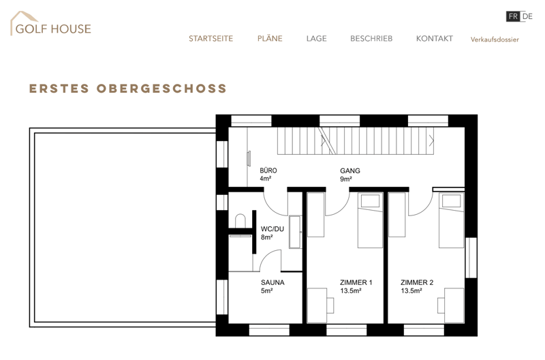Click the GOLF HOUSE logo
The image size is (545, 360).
(50, 24)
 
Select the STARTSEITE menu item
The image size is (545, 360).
(211, 39)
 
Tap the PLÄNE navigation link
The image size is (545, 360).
(270, 38)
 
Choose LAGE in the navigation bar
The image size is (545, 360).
(317, 39)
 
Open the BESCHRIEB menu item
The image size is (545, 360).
(371, 39)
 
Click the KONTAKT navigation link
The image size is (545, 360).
(435, 39)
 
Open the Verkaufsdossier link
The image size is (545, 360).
(495, 40)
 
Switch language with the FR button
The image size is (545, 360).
(513, 16)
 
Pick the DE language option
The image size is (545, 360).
(527, 16)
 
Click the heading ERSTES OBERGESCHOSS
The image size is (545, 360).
(128, 89)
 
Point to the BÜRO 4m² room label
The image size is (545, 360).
(268, 175)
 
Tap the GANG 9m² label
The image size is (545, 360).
(350, 175)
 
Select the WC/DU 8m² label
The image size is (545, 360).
(272, 233)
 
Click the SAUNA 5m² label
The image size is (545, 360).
(272, 286)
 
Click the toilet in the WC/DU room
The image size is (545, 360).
(240, 221)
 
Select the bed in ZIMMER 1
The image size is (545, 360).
(370, 220)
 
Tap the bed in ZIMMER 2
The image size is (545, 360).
(451, 220)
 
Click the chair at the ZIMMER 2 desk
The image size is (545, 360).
(441, 305)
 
